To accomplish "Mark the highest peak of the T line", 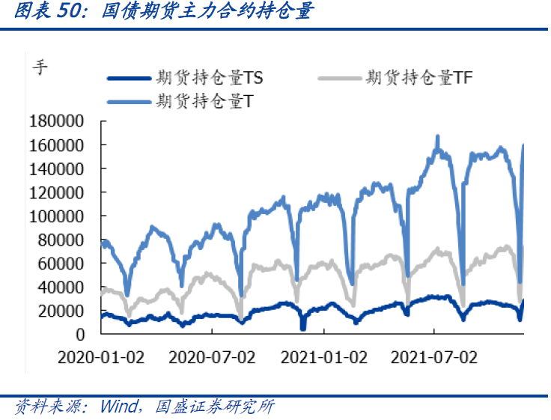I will (x=438, y=136).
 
